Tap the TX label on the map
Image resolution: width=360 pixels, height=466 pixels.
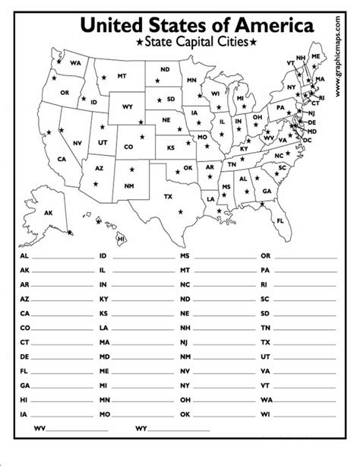click(x=169, y=195)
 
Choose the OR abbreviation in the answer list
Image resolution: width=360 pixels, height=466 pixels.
click(x=264, y=256)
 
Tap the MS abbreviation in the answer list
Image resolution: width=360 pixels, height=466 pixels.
click(x=185, y=256)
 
